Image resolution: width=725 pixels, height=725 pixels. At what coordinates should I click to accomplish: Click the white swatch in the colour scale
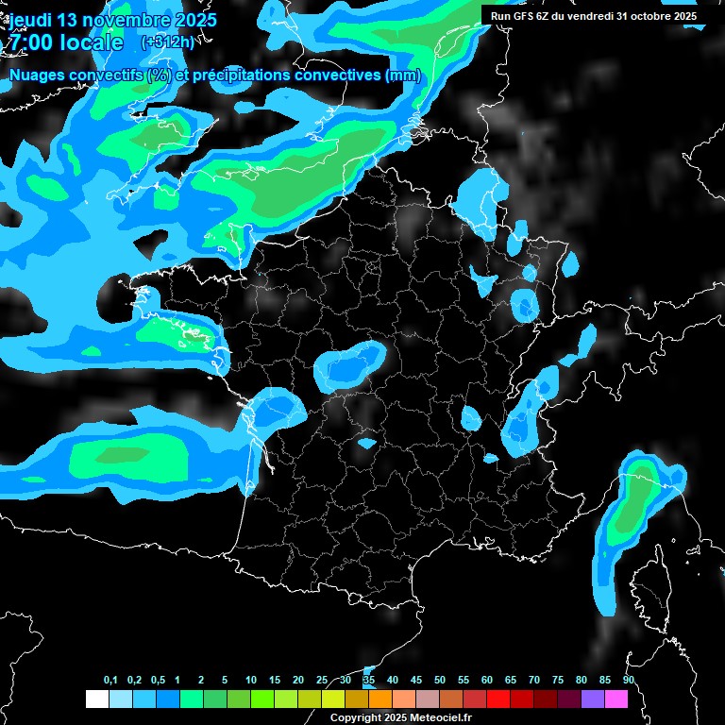97,699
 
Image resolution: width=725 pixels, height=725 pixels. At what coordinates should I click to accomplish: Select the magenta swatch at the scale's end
616,699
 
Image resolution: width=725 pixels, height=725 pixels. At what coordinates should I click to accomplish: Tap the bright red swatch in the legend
498,699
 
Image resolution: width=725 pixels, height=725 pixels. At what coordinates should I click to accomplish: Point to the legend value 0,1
110,681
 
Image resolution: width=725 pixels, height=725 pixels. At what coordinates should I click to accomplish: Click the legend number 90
629,681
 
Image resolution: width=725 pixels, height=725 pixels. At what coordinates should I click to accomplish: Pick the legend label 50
440,681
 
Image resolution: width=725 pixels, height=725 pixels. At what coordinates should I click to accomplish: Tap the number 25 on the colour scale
322,681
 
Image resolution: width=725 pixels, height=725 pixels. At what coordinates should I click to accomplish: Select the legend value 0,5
158,681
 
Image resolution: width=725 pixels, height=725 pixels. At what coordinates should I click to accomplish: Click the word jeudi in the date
30,20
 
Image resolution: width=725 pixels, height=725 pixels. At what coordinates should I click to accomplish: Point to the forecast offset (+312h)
167,42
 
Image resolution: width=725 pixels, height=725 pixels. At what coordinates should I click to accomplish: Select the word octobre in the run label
649,16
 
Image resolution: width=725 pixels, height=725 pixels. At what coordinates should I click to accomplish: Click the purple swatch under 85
593,699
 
